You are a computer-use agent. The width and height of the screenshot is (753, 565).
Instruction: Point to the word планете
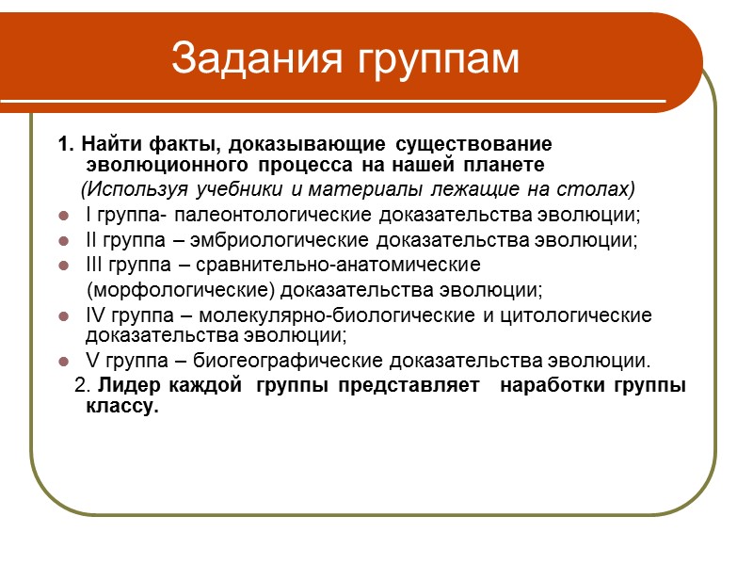click(x=510, y=166)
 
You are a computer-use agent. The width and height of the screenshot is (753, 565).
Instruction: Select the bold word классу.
click(x=117, y=407)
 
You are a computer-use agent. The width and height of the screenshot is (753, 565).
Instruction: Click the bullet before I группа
click(x=63, y=214)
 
